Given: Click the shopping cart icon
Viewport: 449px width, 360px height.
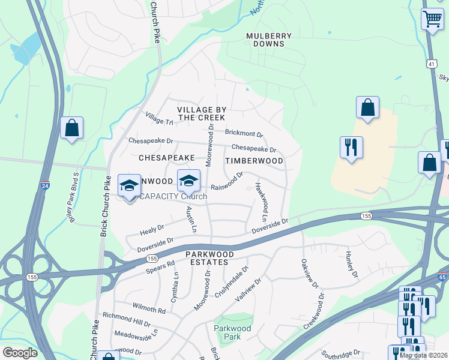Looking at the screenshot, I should point(432,19).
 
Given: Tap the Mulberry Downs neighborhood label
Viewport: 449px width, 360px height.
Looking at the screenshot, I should point(269,40).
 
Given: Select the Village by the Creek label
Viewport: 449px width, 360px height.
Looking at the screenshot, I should point(202,113).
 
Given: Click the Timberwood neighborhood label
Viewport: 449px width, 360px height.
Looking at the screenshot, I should point(254,161).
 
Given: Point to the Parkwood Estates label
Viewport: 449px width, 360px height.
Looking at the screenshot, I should point(202,257).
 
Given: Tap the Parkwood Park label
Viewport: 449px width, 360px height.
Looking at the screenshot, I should point(228,332).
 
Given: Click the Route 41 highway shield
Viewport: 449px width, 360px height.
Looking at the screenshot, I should point(432,64).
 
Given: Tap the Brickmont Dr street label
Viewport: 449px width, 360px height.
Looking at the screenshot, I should point(244,133).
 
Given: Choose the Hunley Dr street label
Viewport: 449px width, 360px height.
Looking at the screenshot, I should point(351,265).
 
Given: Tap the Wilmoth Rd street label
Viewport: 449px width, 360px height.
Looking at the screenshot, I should point(150,310).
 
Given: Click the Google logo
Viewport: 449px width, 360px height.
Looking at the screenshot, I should point(19,353).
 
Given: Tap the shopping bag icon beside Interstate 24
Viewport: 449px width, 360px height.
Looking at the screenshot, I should point(71,128).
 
